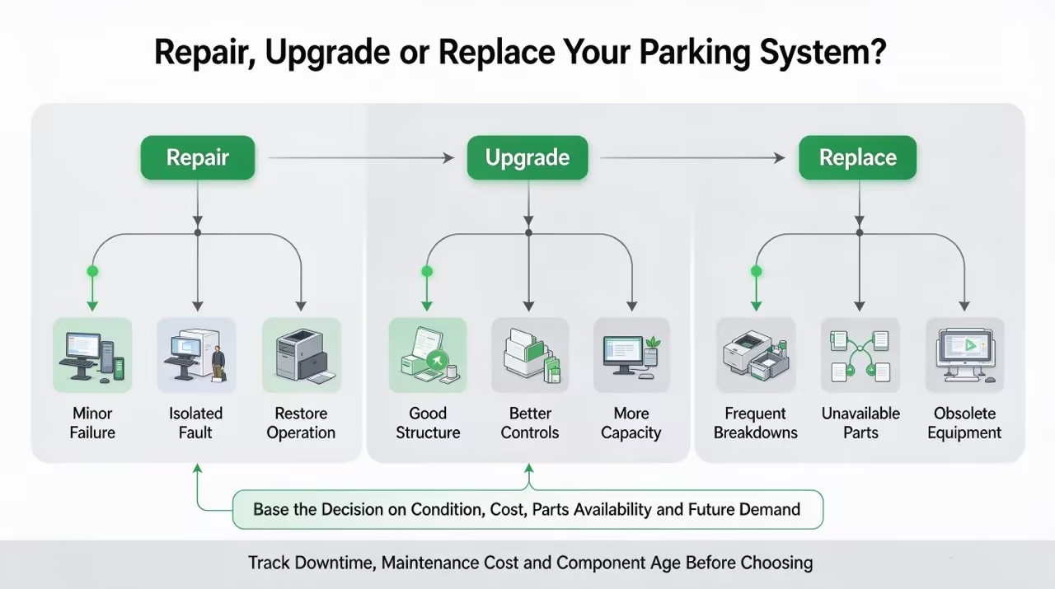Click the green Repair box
[198, 157]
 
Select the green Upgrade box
[527, 157]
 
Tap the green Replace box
[858, 157]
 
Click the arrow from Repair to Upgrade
[361, 158]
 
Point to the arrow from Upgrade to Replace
[692, 158]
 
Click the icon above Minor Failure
[92, 355]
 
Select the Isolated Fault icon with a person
[196, 355]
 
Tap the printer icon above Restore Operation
[302, 355]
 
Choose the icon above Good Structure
[428, 355]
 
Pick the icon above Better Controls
[530, 355]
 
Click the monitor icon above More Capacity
[631, 355]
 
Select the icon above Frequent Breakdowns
[756, 355]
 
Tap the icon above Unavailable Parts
[860, 355]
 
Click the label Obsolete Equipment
[964, 423]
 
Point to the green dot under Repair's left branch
[92, 271]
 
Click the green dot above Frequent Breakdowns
[756, 271]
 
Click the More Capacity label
[631, 423]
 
